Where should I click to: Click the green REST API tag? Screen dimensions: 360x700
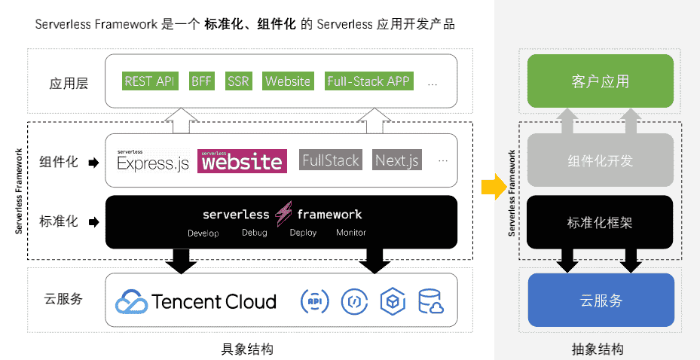pyautogui.click(x=149, y=81)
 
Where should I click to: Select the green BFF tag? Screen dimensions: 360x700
pyautogui.click(x=201, y=81)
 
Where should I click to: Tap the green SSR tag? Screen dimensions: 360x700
pyautogui.click(x=238, y=81)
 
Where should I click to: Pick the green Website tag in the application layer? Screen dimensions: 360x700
pyautogui.click(x=288, y=81)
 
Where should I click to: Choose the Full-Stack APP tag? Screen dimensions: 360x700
pyautogui.click(x=369, y=81)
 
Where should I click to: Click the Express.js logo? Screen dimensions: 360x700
pyautogui.click(x=153, y=160)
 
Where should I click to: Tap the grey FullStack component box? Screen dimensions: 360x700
pyautogui.click(x=331, y=160)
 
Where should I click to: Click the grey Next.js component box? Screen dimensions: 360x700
pyautogui.click(x=397, y=160)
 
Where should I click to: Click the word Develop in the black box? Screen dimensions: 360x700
pyautogui.click(x=203, y=233)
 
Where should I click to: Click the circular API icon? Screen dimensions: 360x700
pyautogui.click(x=314, y=301)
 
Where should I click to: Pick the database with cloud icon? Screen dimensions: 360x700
pyautogui.click(x=432, y=301)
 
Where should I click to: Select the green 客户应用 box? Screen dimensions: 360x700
pyautogui.click(x=600, y=81)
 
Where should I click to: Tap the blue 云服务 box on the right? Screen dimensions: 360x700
pyautogui.click(x=601, y=300)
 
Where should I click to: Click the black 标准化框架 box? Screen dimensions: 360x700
pyautogui.click(x=600, y=222)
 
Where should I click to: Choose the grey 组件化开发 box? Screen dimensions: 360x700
pyautogui.click(x=600, y=160)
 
